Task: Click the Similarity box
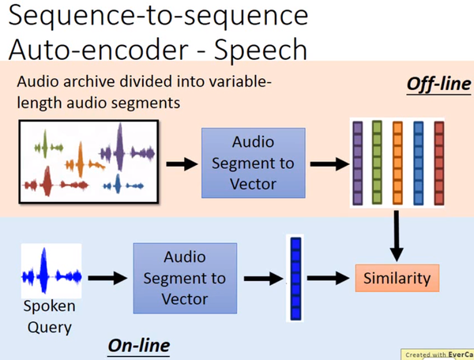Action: (x=397, y=278)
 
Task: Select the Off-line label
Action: (x=438, y=84)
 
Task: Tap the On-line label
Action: (x=139, y=346)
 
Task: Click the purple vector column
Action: (x=358, y=163)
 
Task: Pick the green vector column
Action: (x=377, y=162)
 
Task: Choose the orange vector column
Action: (x=397, y=163)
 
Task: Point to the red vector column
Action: (x=439, y=163)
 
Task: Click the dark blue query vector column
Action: (x=295, y=279)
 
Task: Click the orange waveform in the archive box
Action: (x=85, y=162)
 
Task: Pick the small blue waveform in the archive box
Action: (x=123, y=184)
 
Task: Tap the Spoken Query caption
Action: (x=50, y=317)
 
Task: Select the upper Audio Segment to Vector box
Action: (x=254, y=163)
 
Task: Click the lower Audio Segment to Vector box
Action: (x=185, y=278)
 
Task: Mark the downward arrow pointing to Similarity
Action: (x=397, y=236)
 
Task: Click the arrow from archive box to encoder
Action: (x=182, y=164)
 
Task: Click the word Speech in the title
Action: (x=261, y=50)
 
